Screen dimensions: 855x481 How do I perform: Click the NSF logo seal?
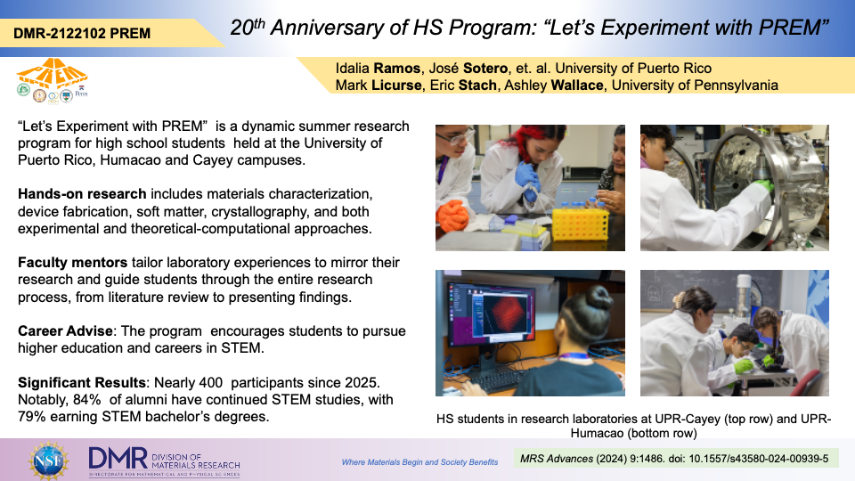coord(49,461)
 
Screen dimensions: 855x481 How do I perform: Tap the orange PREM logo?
coord(53,73)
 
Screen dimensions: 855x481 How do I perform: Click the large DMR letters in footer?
coord(118,458)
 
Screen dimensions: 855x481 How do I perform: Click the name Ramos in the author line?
coord(397,69)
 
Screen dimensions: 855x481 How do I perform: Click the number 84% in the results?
coord(87,400)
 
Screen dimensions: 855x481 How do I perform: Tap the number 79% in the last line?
coord(32,417)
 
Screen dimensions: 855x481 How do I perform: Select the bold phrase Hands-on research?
coord(82,194)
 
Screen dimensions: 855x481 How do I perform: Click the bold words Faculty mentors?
coord(72,262)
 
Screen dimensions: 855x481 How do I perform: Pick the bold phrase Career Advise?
coord(65,331)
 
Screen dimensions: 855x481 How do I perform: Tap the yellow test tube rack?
coord(580,223)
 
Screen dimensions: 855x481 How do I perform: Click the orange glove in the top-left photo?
coord(452,216)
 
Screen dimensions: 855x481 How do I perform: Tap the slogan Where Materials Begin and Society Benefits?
coord(419,462)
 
